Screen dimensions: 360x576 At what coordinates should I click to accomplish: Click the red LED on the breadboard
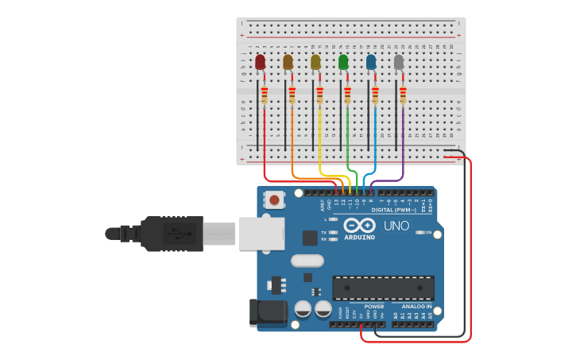pyautogui.click(x=260, y=62)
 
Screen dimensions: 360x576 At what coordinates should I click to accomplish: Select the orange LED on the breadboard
pyautogui.click(x=288, y=62)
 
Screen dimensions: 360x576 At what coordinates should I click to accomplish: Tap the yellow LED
pyautogui.click(x=315, y=62)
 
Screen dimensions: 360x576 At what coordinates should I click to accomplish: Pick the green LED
pyautogui.click(x=343, y=62)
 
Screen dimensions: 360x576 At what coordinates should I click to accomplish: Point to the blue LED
pyautogui.click(x=371, y=62)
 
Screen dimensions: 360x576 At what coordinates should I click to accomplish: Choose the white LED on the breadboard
pyautogui.click(x=399, y=62)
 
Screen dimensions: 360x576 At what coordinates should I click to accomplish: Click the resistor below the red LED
pyautogui.click(x=264, y=95)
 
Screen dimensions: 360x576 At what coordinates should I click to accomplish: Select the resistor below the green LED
pyautogui.click(x=347, y=95)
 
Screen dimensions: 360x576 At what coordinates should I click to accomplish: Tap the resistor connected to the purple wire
pyautogui.click(x=403, y=95)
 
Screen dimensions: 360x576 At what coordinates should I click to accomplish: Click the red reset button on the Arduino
pyautogui.click(x=274, y=200)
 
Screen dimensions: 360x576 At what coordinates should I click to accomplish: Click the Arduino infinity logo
pyautogui.click(x=359, y=225)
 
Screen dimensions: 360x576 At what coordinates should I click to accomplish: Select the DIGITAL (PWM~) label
pyautogui.click(x=392, y=210)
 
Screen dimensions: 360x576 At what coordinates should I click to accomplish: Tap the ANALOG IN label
pyautogui.click(x=416, y=306)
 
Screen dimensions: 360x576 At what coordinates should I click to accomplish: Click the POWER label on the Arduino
pyautogui.click(x=373, y=306)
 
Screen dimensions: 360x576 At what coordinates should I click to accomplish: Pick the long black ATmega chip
pyautogui.click(x=383, y=288)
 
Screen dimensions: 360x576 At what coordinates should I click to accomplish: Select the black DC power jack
pyautogui.click(x=268, y=312)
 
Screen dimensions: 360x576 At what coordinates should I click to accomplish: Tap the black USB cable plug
pyautogui.click(x=172, y=234)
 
